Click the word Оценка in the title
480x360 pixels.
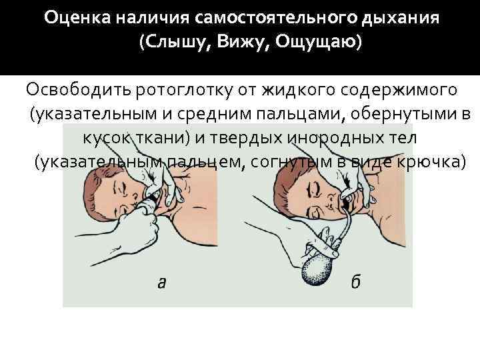pos(77,18)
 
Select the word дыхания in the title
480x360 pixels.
pos(401,19)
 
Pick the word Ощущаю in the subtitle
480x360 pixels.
pos(315,42)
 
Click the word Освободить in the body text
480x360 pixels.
pos(79,91)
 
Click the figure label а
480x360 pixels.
pos(161,283)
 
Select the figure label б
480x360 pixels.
pos(356,281)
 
